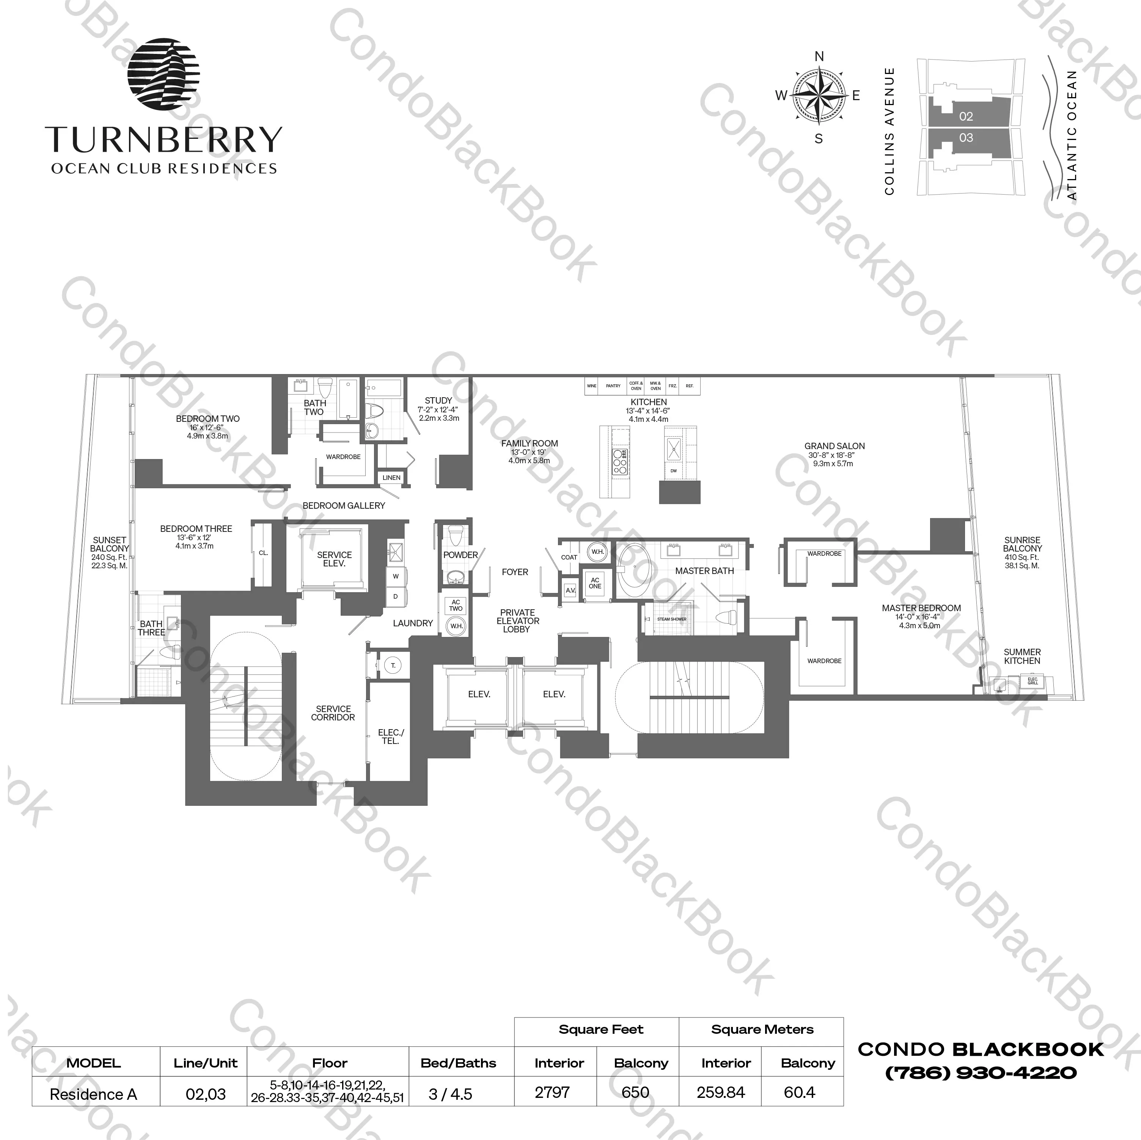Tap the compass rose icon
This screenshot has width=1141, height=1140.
click(818, 95)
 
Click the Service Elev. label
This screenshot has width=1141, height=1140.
click(334, 559)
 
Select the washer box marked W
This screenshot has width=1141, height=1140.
click(396, 576)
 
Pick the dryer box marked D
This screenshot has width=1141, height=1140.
click(396, 597)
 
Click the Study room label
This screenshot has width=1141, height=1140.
click(438, 401)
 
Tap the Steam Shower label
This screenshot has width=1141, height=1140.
click(671, 619)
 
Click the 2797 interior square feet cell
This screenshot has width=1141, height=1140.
click(552, 1092)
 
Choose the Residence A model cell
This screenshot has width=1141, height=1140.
click(93, 1094)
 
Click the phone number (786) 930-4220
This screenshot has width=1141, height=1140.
click(981, 1073)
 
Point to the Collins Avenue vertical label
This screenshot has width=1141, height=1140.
click(890, 131)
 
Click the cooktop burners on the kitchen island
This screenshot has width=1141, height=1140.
click(619, 462)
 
